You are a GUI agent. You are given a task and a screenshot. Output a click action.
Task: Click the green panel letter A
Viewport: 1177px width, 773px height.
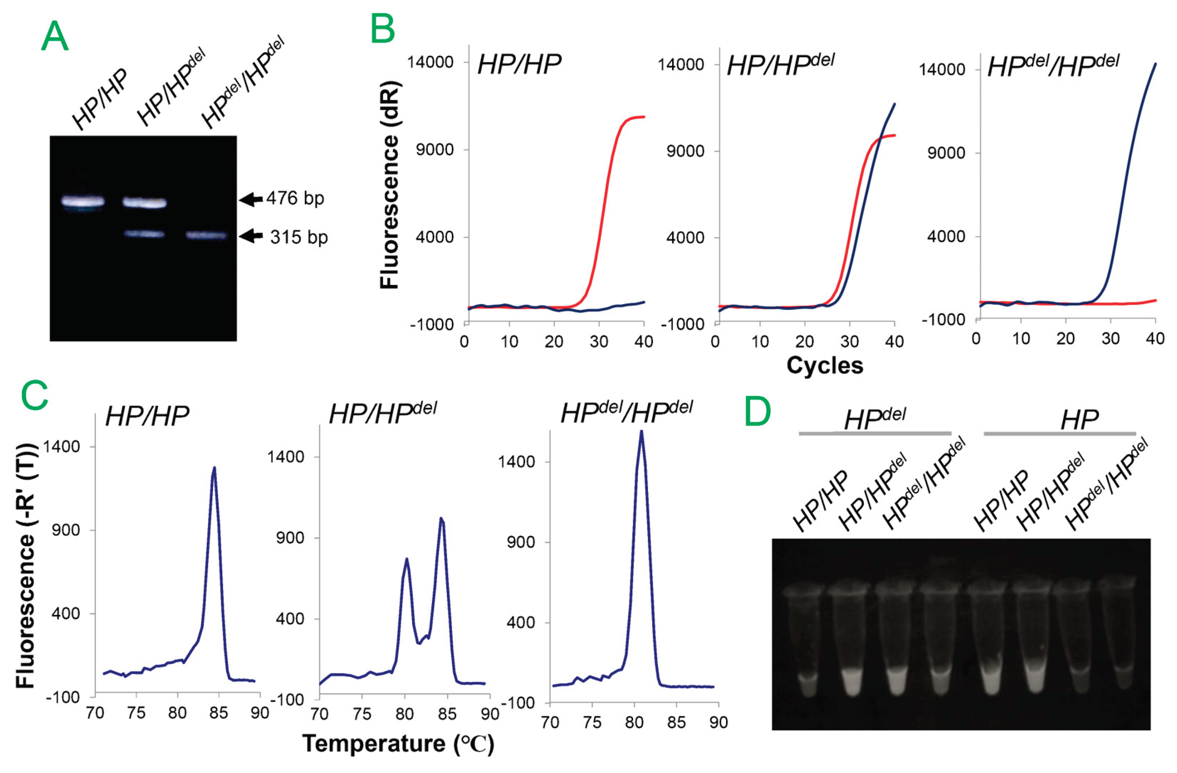click(x=54, y=36)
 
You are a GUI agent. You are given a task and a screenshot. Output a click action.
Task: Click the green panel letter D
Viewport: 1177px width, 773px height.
click(x=758, y=411)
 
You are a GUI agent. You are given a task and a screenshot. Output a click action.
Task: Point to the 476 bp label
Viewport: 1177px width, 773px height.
click(x=295, y=198)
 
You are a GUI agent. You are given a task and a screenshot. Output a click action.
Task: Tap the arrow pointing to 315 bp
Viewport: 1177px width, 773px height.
click(x=251, y=236)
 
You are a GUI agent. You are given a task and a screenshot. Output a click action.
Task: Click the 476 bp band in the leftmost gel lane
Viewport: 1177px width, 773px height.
click(x=82, y=201)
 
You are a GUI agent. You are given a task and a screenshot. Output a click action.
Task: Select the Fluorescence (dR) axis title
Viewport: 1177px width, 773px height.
click(x=390, y=184)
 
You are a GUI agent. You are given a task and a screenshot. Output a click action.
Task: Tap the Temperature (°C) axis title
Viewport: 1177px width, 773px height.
click(x=398, y=744)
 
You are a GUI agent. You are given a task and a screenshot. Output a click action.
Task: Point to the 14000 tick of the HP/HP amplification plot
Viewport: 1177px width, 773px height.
click(x=430, y=62)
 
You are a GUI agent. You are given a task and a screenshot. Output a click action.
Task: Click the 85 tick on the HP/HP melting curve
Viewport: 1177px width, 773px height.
click(x=218, y=713)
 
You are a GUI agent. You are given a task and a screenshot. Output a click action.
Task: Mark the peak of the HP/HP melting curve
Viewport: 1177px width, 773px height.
click(x=214, y=467)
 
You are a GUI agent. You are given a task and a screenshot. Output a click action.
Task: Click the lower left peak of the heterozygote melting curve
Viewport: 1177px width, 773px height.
click(x=406, y=560)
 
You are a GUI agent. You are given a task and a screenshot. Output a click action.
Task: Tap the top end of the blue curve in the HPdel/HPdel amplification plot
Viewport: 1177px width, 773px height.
click(x=1155, y=64)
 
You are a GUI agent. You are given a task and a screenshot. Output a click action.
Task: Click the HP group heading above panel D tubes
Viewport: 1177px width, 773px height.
click(x=1079, y=420)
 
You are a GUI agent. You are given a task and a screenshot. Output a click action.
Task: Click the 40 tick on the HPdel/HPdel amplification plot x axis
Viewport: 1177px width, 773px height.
click(x=1155, y=339)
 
